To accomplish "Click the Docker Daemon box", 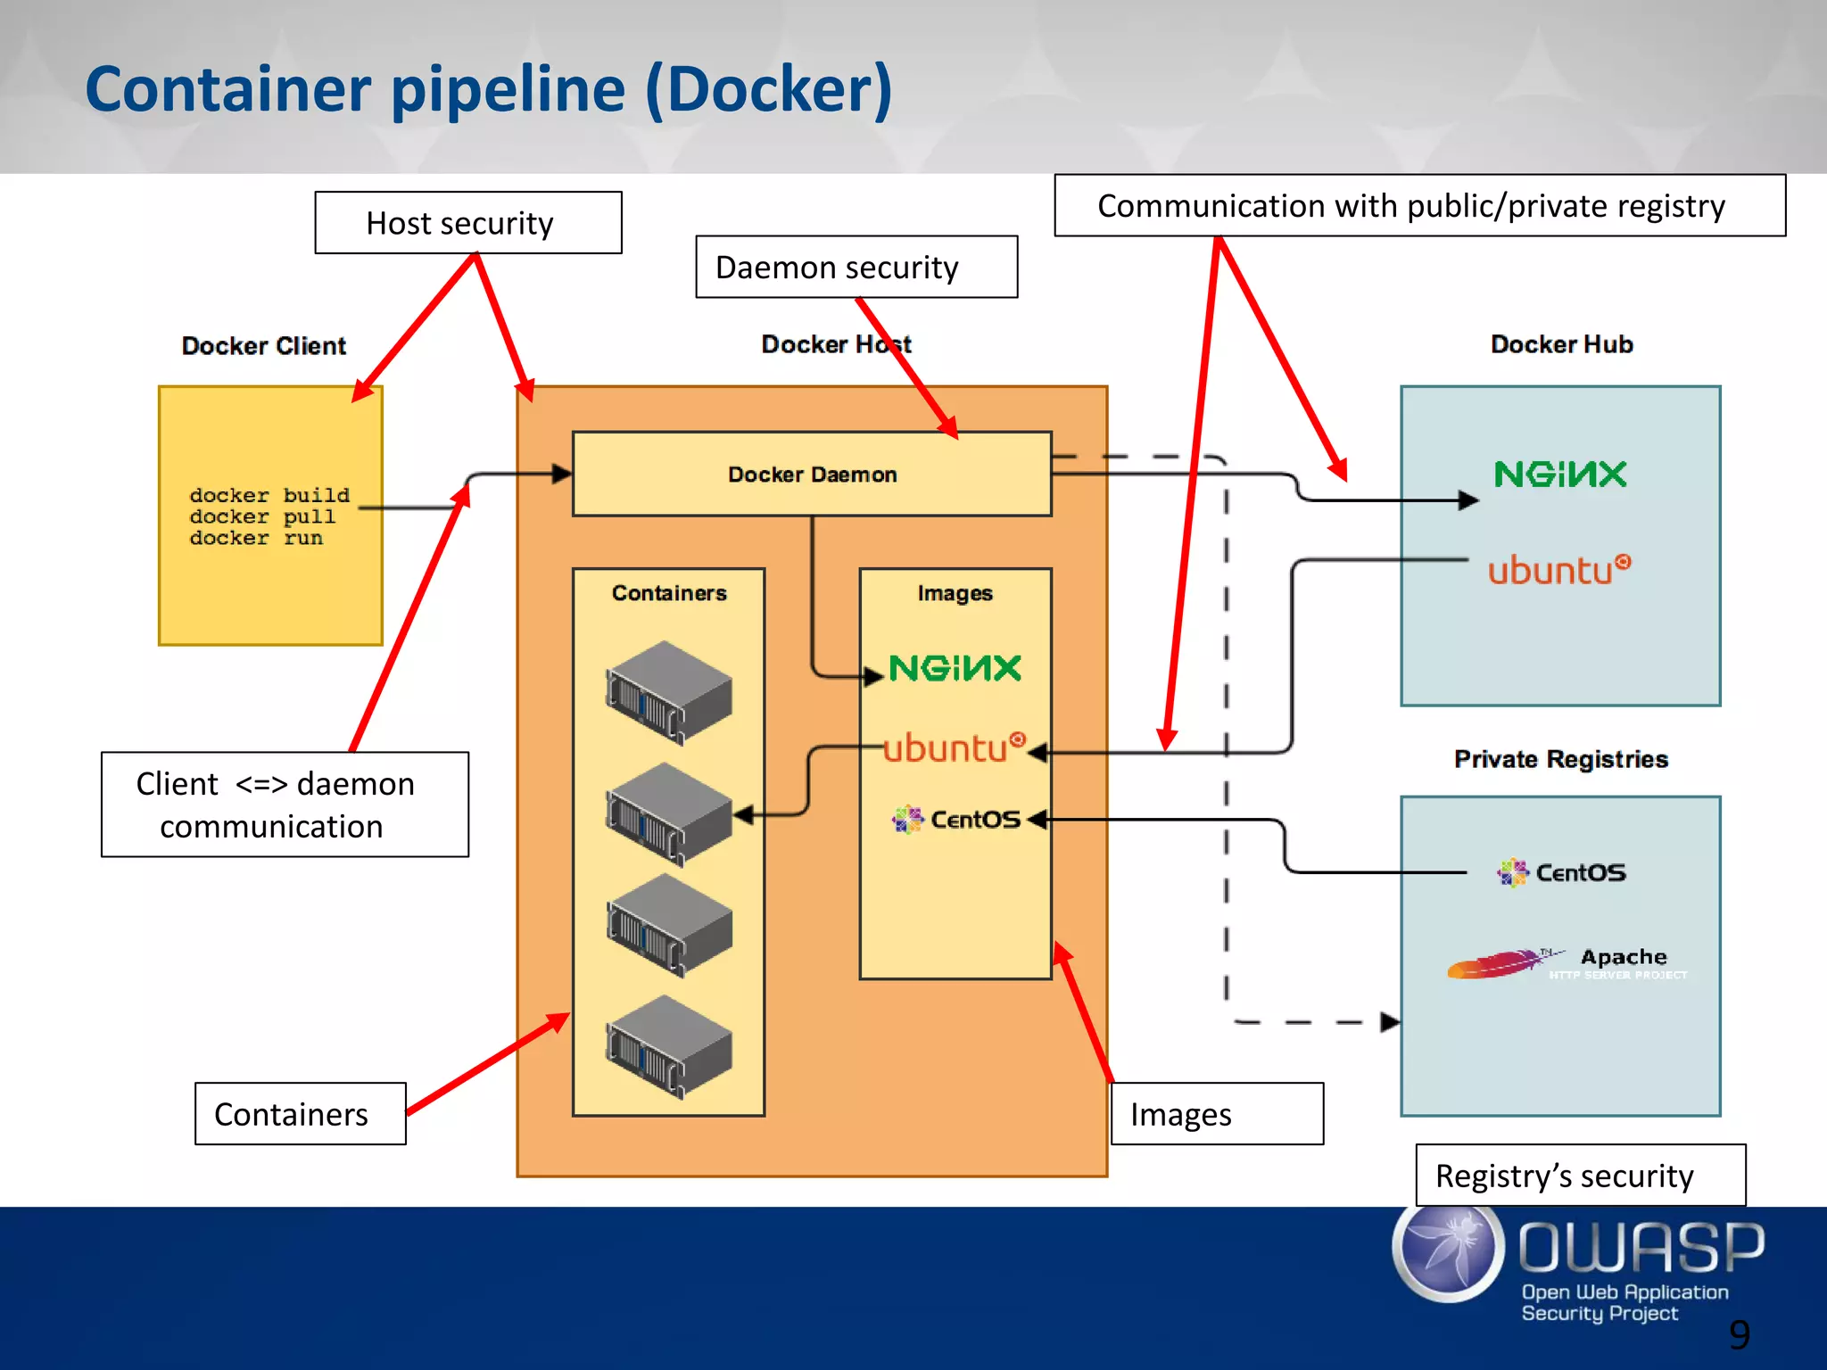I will (811, 474).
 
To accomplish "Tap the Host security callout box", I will (467, 223).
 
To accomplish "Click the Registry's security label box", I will (1579, 1175).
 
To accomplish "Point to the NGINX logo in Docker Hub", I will (1559, 474).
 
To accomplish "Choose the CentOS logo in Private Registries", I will (1561, 872).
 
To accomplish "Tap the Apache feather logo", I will (1499, 963).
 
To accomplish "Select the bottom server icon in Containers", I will (668, 1045).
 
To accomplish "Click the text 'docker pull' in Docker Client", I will (262, 516).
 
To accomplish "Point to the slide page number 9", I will (1739, 1334).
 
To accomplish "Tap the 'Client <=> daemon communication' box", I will (285, 805).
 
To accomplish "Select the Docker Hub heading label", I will (1561, 344).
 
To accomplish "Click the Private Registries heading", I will (1560, 759).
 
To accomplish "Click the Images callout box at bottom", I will (1217, 1114).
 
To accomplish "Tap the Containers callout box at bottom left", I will (300, 1114).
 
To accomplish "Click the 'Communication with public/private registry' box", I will (1418, 206).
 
